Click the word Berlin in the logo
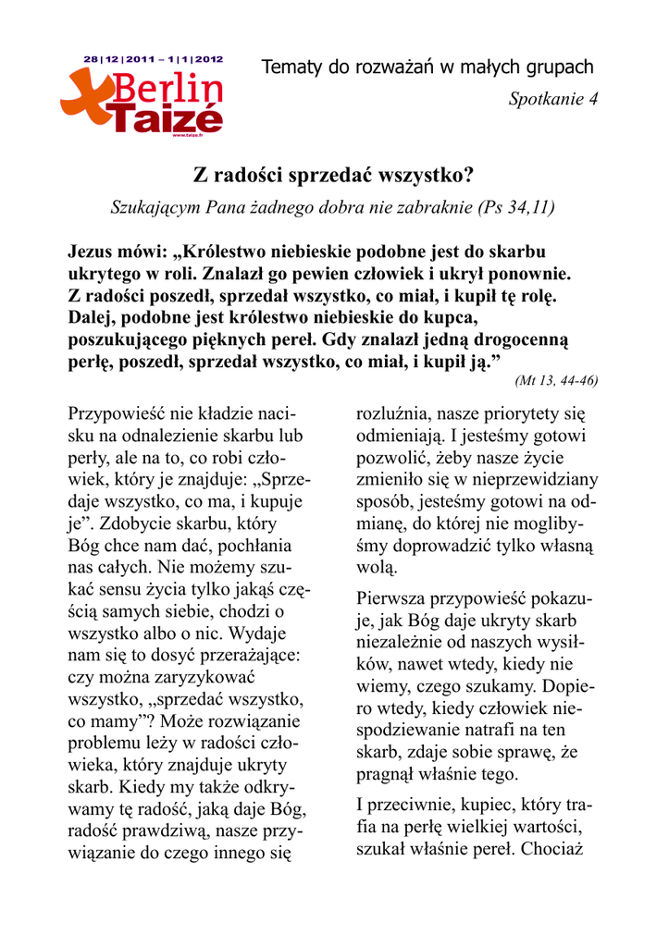point(168,91)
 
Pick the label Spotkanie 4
point(553,99)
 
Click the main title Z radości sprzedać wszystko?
point(333,175)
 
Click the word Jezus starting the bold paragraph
point(95,252)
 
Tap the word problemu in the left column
point(108,744)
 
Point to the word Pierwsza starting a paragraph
point(393,597)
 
